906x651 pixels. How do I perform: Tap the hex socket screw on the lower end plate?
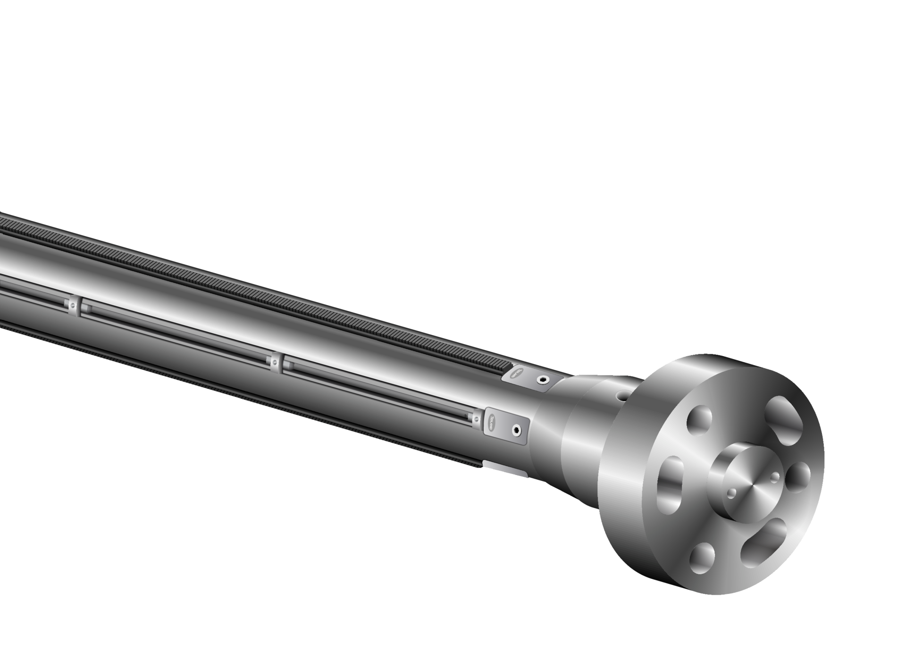coord(518,430)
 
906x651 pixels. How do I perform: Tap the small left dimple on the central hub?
coord(732,493)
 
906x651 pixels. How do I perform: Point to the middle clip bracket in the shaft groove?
coord(275,362)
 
